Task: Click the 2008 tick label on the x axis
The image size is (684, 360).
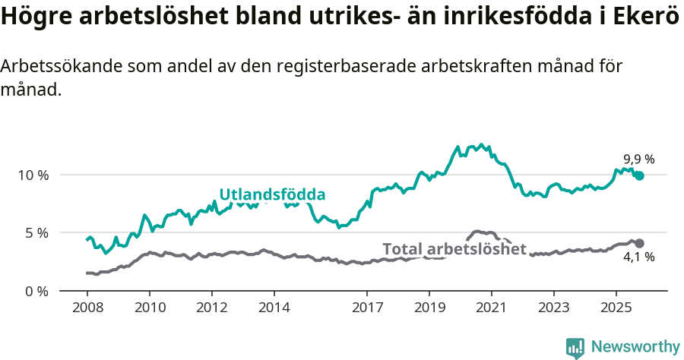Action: (87, 309)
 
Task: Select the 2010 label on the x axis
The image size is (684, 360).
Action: (149, 309)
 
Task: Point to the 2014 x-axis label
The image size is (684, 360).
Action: (274, 309)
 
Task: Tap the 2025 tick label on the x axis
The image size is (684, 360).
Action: (616, 309)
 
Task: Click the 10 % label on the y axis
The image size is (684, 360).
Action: (33, 175)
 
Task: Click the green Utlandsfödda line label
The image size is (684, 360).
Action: (272, 194)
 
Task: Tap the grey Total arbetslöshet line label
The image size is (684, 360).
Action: (454, 249)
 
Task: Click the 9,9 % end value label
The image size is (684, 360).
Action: (638, 159)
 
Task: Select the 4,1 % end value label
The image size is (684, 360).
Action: (638, 257)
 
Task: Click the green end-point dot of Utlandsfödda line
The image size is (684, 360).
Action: (639, 175)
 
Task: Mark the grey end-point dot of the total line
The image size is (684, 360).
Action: (639, 243)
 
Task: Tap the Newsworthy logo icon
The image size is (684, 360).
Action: (575, 347)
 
